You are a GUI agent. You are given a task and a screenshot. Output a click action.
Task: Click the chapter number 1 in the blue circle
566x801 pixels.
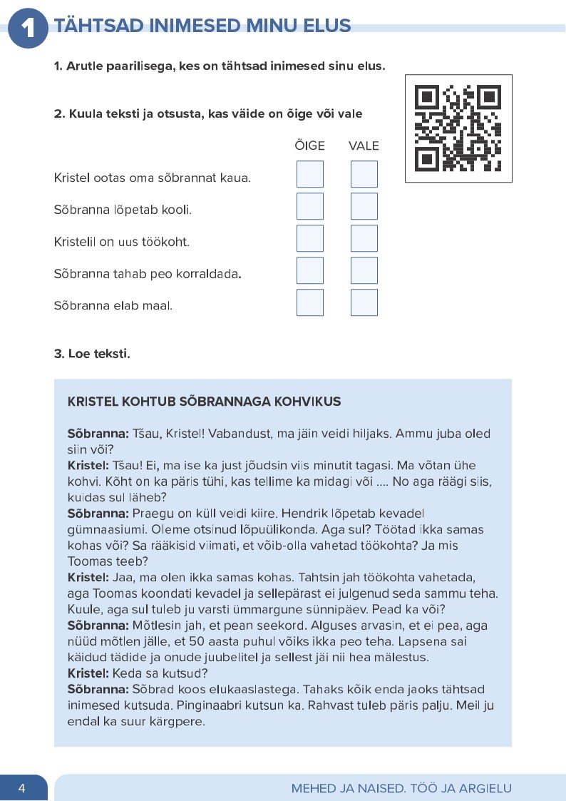click(27, 28)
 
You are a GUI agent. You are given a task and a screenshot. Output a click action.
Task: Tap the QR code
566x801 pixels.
click(458, 128)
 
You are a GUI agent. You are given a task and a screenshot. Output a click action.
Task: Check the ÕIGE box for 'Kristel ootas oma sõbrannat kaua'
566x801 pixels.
click(309, 175)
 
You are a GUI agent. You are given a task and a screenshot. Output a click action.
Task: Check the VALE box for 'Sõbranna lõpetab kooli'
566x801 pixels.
click(364, 206)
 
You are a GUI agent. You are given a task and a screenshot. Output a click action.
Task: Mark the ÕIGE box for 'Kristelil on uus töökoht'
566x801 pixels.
click(309, 238)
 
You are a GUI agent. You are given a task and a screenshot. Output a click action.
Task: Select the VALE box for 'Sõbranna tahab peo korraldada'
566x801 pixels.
click(364, 270)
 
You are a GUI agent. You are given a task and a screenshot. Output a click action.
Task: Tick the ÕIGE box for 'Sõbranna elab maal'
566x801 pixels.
click(309, 302)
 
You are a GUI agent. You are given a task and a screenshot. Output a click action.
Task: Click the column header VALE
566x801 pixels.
click(364, 146)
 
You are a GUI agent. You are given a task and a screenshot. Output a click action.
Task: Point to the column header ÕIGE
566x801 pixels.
click(309, 146)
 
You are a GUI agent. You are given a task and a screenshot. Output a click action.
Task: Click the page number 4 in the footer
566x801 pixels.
click(22, 788)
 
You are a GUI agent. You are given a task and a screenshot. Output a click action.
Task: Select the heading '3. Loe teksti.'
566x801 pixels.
click(92, 353)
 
